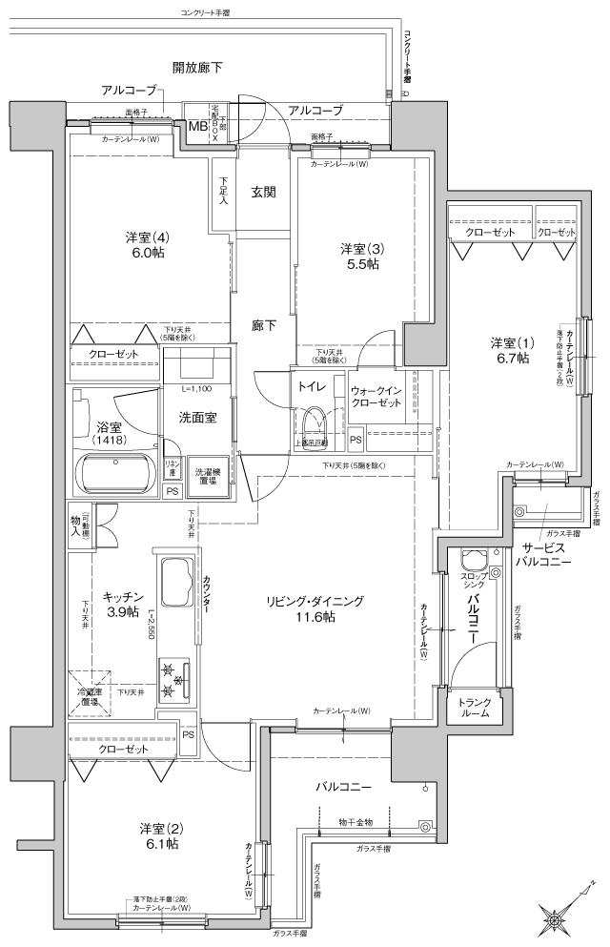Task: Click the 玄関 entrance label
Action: coord(263,192)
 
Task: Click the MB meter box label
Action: coord(197,126)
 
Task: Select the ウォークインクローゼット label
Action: coord(379,397)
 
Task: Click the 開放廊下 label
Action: coord(197,68)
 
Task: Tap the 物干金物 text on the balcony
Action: coord(356,821)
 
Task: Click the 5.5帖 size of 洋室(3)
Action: coord(361,265)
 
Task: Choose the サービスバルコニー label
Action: coord(545,555)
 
